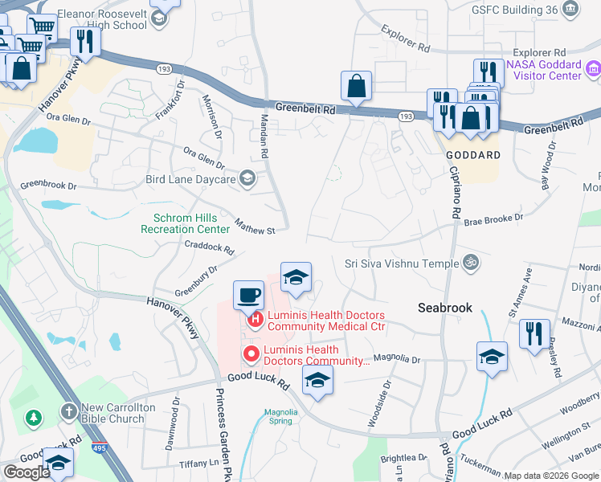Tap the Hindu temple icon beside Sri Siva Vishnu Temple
coord(471,263)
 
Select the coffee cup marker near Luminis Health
coord(248,295)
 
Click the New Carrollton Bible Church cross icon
coord(69,412)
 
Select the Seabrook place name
coord(444,308)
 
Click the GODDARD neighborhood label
coord(472,154)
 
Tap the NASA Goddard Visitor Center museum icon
coord(592,70)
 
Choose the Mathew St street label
coord(255,226)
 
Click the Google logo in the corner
coord(27,472)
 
